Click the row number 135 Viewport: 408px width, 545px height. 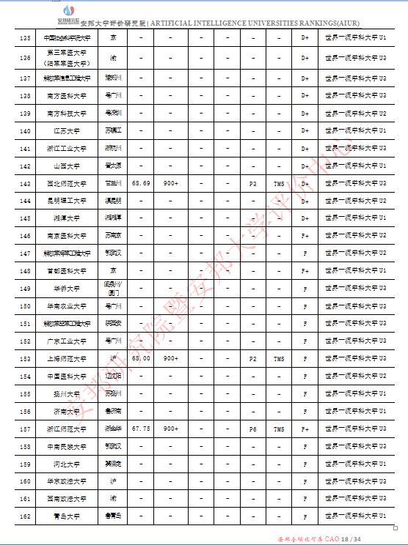(x=26, y=37)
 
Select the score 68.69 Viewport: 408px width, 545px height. (x=141, y=183)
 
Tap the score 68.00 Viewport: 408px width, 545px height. (x=141, y=358)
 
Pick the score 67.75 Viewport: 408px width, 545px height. (x=141, y=429)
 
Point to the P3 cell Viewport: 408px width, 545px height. (x=253, y=183)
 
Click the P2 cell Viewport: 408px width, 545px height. (x=253, y=358)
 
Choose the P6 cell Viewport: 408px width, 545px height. (x=253, y=429)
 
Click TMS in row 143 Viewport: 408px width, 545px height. (x=278, y=183)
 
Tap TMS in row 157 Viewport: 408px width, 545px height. (x=278, y=429)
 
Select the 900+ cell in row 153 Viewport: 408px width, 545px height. (x=170, y=358)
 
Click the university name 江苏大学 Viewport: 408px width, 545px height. (x=68, y=130)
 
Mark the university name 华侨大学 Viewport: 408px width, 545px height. (x=68, y=289)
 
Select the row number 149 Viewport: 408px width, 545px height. (x=26, y=289)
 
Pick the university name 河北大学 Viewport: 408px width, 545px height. (x=68, y=464)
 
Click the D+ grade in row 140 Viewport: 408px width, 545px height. (x=305, y=130)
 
